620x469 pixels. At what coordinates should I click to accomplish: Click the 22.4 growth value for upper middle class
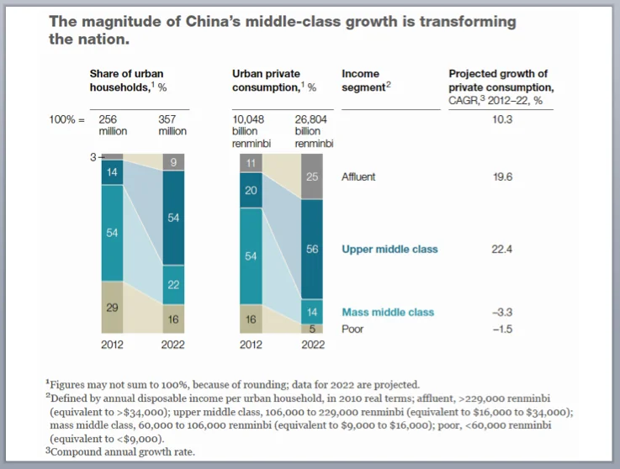pos(501,250)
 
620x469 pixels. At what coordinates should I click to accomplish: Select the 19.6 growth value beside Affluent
pos(501,177)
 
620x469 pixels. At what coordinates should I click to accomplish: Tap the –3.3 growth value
pos(501,312)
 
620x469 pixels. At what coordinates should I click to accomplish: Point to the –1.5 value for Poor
pos(501,329)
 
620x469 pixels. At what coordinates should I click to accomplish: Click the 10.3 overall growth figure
pos(501,119)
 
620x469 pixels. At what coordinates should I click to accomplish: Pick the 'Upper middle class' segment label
pos(389,250)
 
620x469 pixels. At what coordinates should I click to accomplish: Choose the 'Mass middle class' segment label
pos(388,312)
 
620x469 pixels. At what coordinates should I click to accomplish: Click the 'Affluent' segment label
pos(358,177)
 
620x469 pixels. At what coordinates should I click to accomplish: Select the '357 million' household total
pos(172,125)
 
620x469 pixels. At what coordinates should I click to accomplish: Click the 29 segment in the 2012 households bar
pos(112,308)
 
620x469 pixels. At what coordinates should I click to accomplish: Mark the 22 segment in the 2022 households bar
pos(172,285)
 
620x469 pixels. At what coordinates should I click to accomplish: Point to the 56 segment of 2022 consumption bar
pos(313,250)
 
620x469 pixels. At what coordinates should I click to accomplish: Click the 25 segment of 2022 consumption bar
pos(313,177)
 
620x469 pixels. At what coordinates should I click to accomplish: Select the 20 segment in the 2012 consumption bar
pos(252,191)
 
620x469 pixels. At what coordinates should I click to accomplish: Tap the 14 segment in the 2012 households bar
pos(112,171)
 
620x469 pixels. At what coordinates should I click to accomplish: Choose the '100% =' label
pos(67,119)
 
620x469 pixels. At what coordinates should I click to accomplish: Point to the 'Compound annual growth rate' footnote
pos(123,451)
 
